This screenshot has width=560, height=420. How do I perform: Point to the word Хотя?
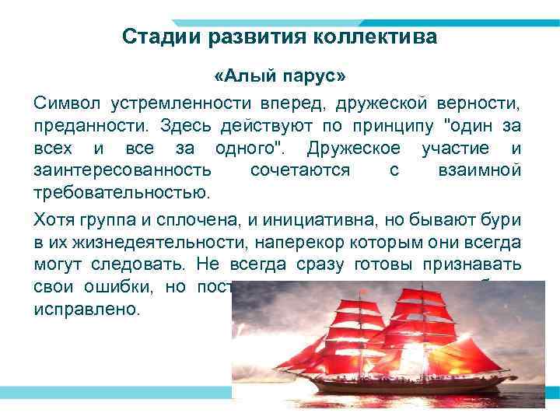(52, 220)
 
